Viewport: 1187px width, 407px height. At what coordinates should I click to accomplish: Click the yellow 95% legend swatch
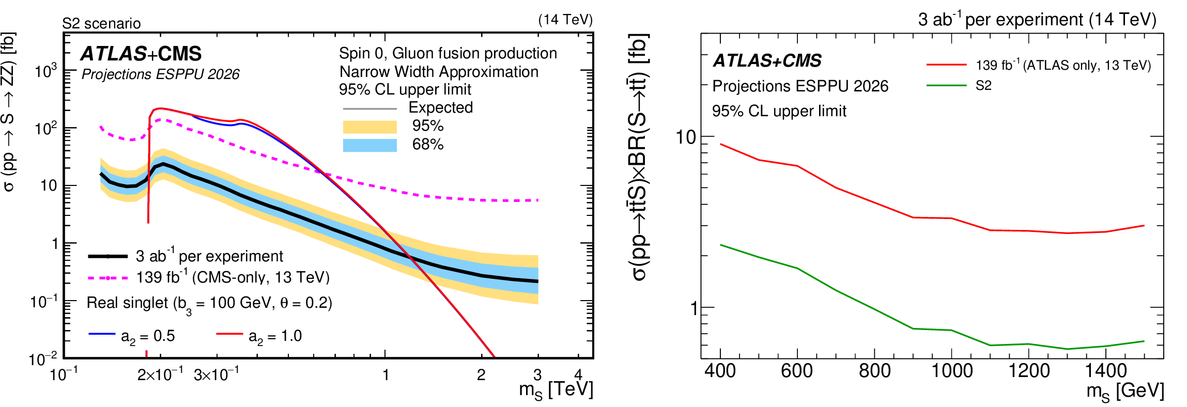[369, 127]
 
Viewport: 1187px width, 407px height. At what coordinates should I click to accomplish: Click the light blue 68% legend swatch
[369, 145]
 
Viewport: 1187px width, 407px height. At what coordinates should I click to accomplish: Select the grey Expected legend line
[369, 109]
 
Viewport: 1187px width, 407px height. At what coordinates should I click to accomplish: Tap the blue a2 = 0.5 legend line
[102, 334]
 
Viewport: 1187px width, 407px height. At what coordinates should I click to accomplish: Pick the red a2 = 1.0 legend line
[229, 334]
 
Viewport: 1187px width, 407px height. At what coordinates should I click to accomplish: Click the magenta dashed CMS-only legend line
[108, 278]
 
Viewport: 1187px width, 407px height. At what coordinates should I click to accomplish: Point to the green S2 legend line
[946, 85]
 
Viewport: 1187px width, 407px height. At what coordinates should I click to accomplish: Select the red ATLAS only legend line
[946, 65]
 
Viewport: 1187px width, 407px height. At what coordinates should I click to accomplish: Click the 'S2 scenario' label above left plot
[101, 24]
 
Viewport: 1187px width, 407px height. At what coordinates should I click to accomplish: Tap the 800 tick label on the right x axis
[874, 371]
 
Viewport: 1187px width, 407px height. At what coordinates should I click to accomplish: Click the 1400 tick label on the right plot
[1106, 371]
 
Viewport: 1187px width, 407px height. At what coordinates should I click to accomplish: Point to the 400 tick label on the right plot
[720, 371]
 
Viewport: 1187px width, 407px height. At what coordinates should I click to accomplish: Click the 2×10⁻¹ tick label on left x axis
[160, 374]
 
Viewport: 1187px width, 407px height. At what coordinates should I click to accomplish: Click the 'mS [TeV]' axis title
[556, 390]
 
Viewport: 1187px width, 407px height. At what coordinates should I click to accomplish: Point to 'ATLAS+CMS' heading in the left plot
[141, 54]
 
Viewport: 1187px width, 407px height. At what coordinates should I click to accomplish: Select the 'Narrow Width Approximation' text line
[439, 72]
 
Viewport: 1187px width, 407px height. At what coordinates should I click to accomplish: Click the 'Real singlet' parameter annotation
[209, 303]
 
